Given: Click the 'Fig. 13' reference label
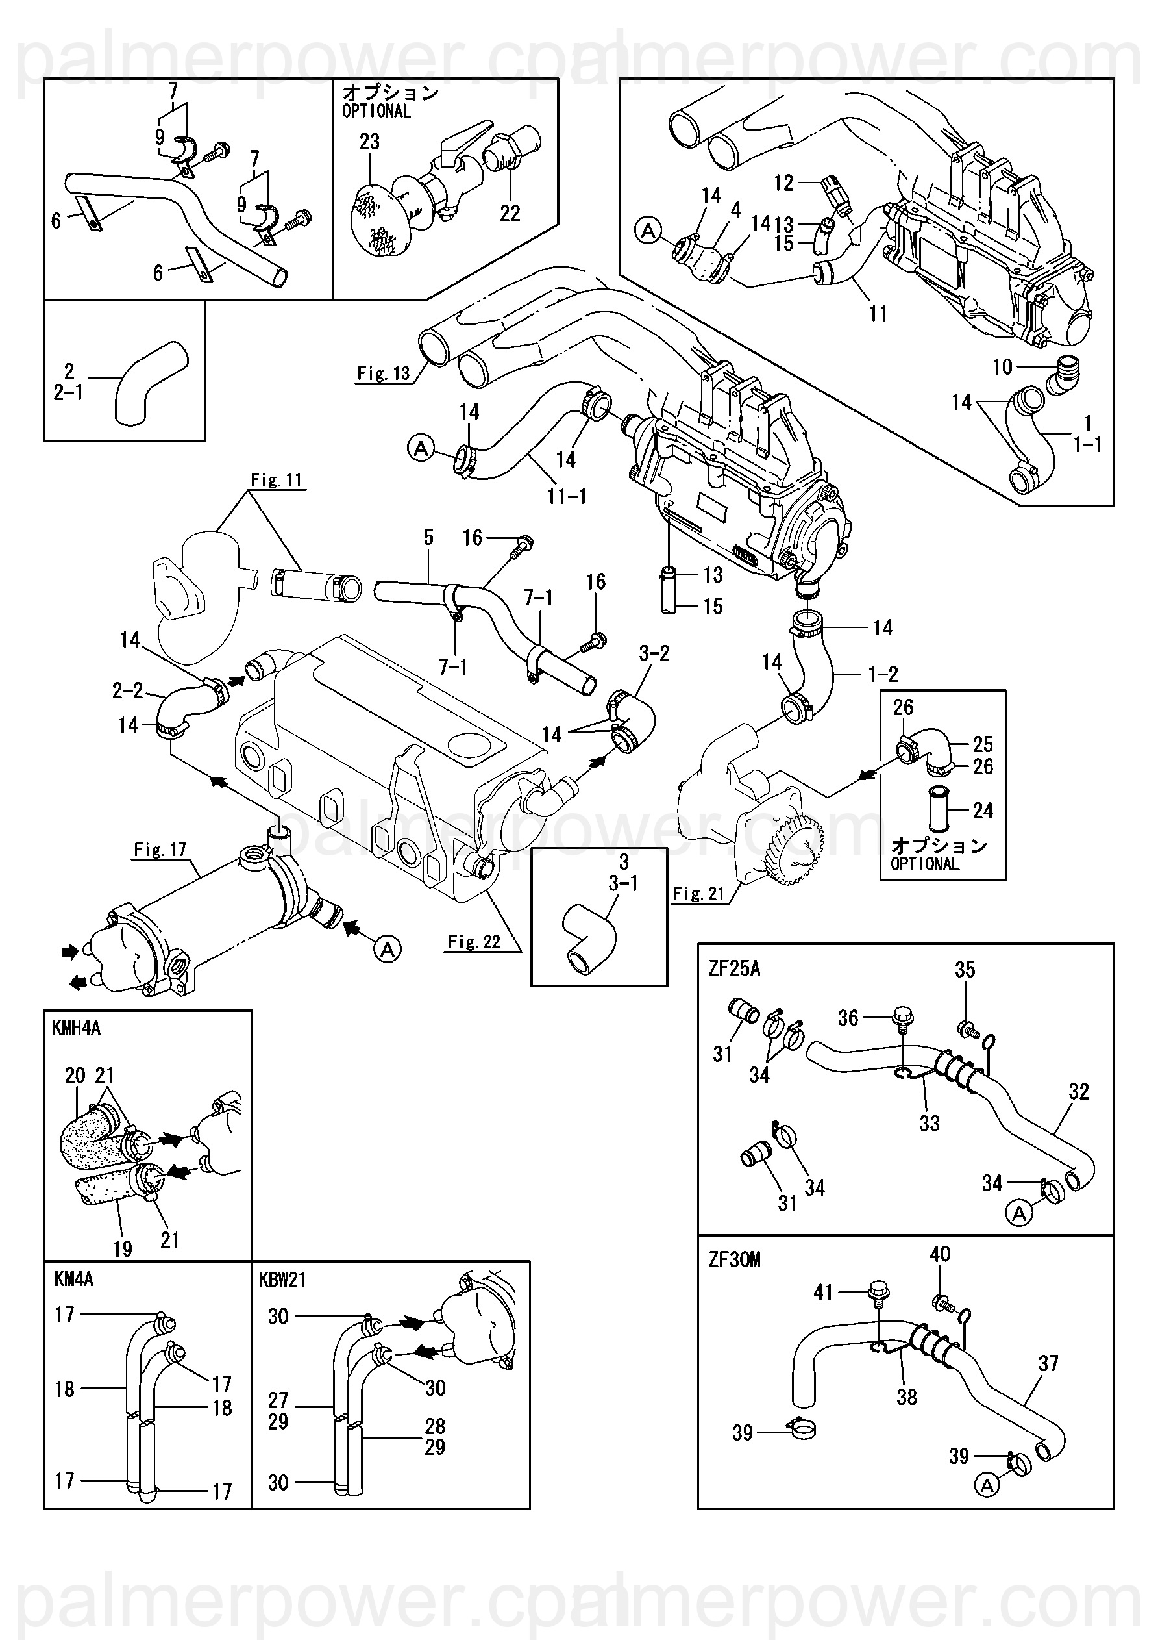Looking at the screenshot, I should coord(384,373).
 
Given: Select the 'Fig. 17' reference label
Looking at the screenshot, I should coord(160,850).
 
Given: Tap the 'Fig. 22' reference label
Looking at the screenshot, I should coord(474,942).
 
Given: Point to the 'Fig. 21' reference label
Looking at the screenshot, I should coord(699,894).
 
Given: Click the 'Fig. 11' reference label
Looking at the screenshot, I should coord(277,480).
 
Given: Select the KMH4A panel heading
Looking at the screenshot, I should coord(77,1028).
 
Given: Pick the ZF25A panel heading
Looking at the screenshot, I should coord(734,969).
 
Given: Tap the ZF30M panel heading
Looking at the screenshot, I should coord(734,1259).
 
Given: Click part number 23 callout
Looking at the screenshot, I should coord(369,142).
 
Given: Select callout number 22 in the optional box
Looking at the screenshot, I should coord(510,213).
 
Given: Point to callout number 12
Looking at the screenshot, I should coord(783,184).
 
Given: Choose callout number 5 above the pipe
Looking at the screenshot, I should coord(428,537).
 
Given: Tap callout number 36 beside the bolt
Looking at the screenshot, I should coord(848,1018).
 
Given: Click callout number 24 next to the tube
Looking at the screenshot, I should coord(983,811).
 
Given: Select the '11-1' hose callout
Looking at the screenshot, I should coord(567,496).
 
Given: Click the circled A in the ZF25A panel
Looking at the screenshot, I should coord(1019,1213).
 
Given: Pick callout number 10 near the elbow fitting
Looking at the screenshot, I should coord(1002,366).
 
